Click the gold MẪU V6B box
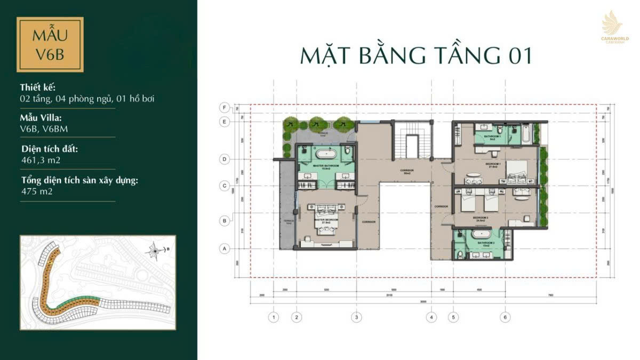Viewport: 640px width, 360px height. click(x=50, y=45)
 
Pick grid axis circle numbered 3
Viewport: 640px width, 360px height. click(x=355, y=317)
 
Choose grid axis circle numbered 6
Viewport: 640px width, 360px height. click(x=504, y=317)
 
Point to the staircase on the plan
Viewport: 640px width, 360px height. click(x=412, y=144)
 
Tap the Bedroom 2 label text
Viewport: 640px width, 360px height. click(x=481, y=218)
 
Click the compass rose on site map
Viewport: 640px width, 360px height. click(x=155, y=249)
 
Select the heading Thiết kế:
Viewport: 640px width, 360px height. click(x=37, y=87)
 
